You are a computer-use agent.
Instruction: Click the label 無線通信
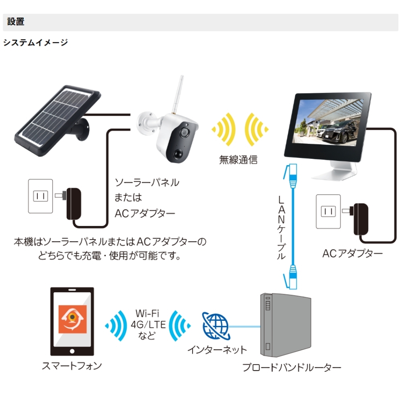coord(238,160)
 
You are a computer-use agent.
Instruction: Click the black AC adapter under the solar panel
coord(74,203)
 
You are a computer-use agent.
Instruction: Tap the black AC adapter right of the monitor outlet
coord(361,219)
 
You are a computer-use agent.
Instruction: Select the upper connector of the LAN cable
coord(292,177)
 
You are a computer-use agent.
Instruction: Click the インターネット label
coord(217,350)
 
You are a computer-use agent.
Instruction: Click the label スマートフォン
coord(72,366)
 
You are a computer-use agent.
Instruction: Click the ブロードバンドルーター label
coord(292,368)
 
